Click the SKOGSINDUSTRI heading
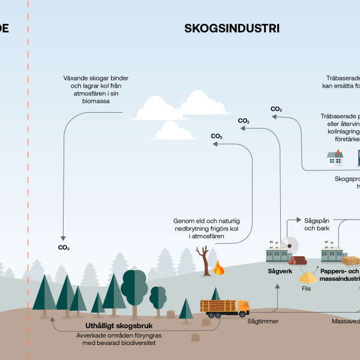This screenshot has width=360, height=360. point(232,28)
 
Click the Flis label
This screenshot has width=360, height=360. point(307,288)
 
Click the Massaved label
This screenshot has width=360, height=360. point(346,321)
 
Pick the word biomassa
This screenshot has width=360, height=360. point(96,101)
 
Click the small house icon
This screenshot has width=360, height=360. point(335,158)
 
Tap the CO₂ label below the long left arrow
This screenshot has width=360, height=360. point(64,247)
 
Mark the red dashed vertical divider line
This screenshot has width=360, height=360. point(28,180)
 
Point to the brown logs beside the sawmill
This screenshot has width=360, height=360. point(298,260)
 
